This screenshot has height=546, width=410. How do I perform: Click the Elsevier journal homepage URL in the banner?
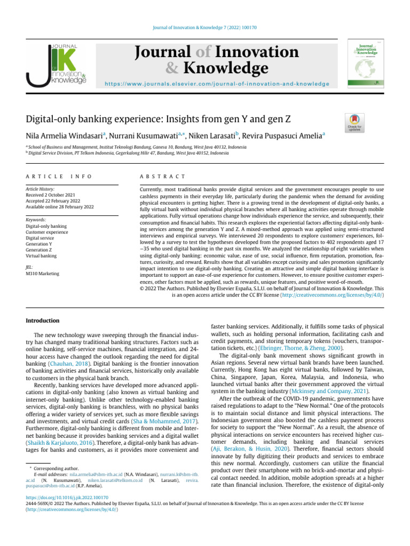(x=216, y=84)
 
